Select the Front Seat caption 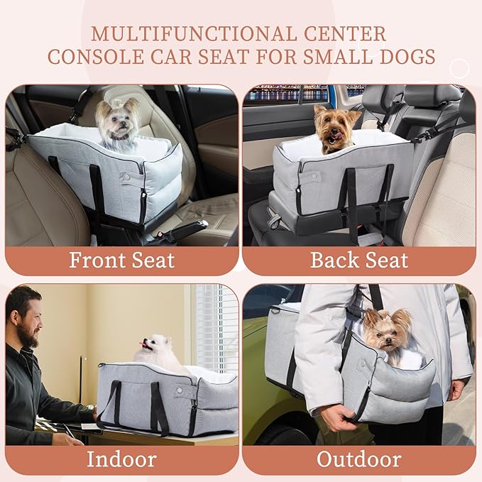click(x=121, y=260)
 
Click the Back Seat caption click(x=359, y=260)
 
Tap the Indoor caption click(x=121, y=459)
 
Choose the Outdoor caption click(x=359, y=459)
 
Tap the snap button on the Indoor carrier click(x=178, y=390)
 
